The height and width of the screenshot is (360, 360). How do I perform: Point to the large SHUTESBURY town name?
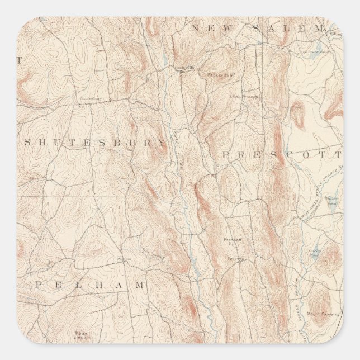tap(95, 143)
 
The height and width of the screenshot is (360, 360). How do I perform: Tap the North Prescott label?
tap(241, 96)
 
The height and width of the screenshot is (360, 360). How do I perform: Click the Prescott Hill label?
tap(232, 241)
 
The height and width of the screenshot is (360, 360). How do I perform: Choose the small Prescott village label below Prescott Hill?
tap(235, 259)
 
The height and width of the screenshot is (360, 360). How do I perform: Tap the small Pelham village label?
tap(124, 259)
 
